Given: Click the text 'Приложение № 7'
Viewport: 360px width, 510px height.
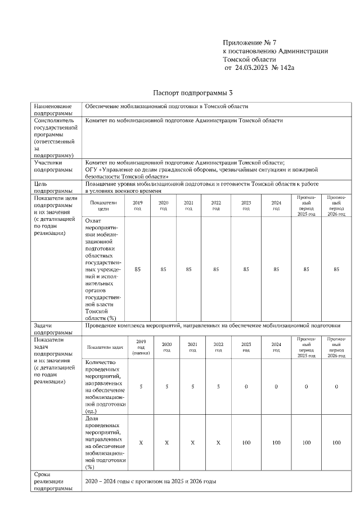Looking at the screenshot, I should (x=250, y=43).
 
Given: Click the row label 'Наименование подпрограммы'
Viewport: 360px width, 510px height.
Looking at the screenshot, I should (x=53, y=109).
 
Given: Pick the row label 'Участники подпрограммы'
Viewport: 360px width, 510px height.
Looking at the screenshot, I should (x=53, y=166).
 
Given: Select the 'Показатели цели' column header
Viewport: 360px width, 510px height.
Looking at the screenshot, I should (x=103, y=205).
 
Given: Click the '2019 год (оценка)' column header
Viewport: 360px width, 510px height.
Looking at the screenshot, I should (x=141, y=347).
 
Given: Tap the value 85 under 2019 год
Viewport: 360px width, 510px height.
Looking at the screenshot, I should (x=137, y=269).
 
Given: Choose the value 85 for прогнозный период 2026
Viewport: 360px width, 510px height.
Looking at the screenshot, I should (x=336, y=269).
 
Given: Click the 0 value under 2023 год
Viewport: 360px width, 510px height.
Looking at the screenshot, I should (x=246, y=386).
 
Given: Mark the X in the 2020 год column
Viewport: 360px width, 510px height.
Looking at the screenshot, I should (x=166, y=443).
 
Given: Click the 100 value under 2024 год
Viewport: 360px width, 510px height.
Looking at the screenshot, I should (x=276, y=443).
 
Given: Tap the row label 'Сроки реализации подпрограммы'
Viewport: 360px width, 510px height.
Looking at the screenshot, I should (x=53, y=482).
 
